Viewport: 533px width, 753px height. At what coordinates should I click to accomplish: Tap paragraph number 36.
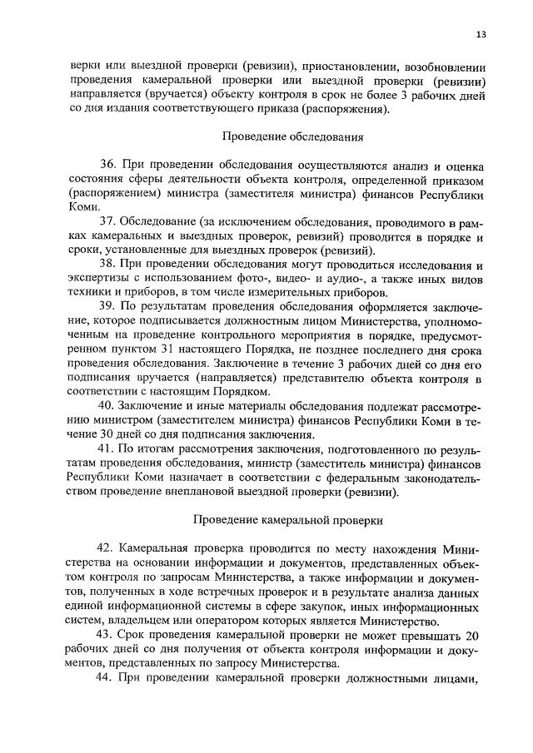click(109, 166)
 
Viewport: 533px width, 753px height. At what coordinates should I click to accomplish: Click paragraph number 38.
click(109, 265)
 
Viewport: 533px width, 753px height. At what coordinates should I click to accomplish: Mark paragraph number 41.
click(109, 448)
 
